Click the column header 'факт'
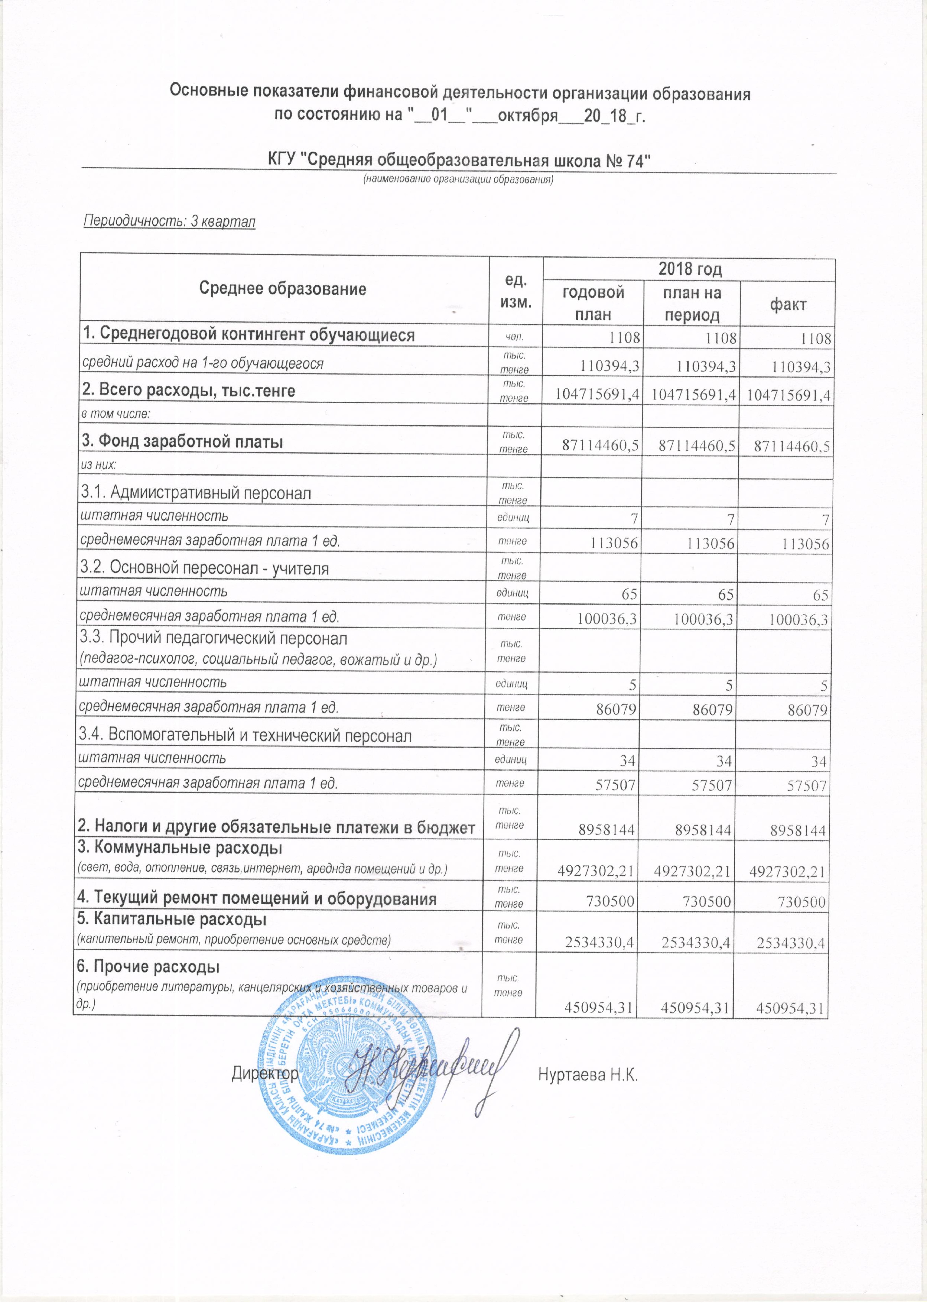click(x=788, y=304)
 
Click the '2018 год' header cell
click(x=690, y=269)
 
